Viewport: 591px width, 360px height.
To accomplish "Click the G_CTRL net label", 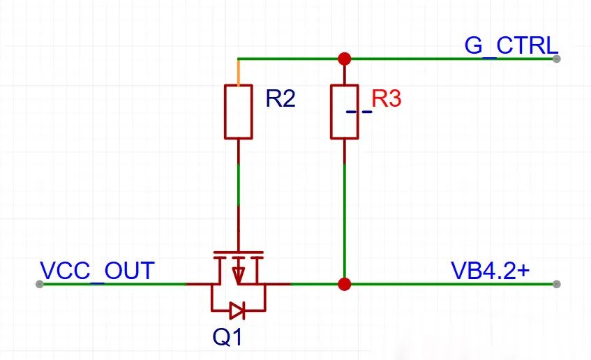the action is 511,46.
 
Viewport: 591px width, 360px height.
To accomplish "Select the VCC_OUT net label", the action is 97,271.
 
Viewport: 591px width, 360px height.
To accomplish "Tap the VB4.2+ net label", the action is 491,270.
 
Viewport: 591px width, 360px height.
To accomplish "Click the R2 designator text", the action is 280,99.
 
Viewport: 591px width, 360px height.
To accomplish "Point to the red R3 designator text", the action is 387,99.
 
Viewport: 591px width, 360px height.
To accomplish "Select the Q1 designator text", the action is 227,337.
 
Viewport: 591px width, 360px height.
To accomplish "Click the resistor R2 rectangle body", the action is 238,112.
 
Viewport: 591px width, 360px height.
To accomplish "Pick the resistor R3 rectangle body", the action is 345,112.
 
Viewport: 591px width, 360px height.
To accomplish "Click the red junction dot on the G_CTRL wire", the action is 345,59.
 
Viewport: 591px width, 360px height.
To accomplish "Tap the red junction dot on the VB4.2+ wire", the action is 345,284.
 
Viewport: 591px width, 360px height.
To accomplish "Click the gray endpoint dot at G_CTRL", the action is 556,59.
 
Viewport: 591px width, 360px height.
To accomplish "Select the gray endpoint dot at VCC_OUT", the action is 40,284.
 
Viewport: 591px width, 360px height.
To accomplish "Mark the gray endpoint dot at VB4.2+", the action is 556,284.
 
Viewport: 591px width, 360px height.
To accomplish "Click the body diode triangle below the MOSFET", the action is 237,310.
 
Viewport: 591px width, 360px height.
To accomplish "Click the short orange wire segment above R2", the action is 238,73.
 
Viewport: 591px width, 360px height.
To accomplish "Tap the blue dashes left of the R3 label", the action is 359,112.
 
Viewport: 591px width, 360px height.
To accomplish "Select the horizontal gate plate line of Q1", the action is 238,252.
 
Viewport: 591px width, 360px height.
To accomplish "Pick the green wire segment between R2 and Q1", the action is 238,184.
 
